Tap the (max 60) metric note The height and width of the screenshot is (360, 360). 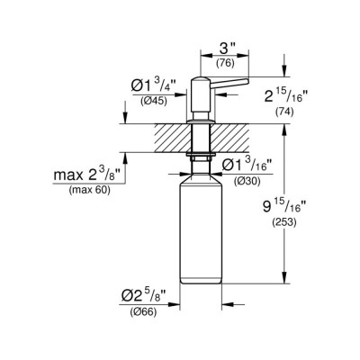pos(83,190)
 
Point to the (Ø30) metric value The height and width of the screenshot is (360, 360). pos(248,182)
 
